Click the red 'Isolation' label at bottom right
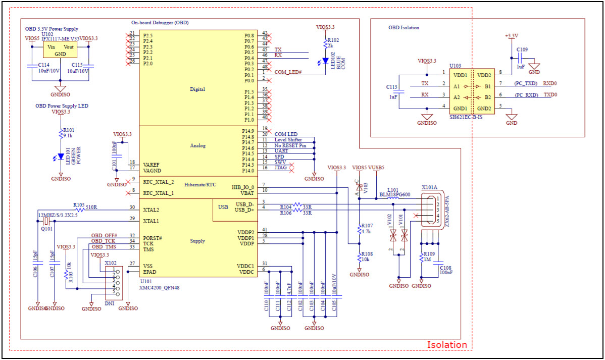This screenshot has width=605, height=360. (x=447, y=345)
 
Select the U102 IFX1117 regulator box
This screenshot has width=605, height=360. (x=60, y=50)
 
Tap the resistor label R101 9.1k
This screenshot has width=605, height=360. (x=68, y=132)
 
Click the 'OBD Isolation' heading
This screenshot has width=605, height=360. (x=404, y=27)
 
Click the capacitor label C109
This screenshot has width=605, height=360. (x=522, y=50)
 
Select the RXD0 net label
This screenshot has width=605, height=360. (x=550, y=83)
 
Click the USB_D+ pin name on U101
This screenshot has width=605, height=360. (x=244, y=209)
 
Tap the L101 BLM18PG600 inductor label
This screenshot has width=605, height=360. (x=394, y=192)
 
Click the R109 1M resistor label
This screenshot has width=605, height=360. (x=429, y=256)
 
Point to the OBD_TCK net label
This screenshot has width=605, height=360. (x=104, y=241)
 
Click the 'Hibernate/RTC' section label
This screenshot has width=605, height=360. (x=200, y=185)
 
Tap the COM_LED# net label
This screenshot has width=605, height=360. (x=288, y=72)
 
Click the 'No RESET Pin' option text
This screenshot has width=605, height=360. (x=290, y=145)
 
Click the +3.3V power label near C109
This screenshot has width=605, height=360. (x=511, y=36)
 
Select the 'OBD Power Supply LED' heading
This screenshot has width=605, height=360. (x=62, y=106)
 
